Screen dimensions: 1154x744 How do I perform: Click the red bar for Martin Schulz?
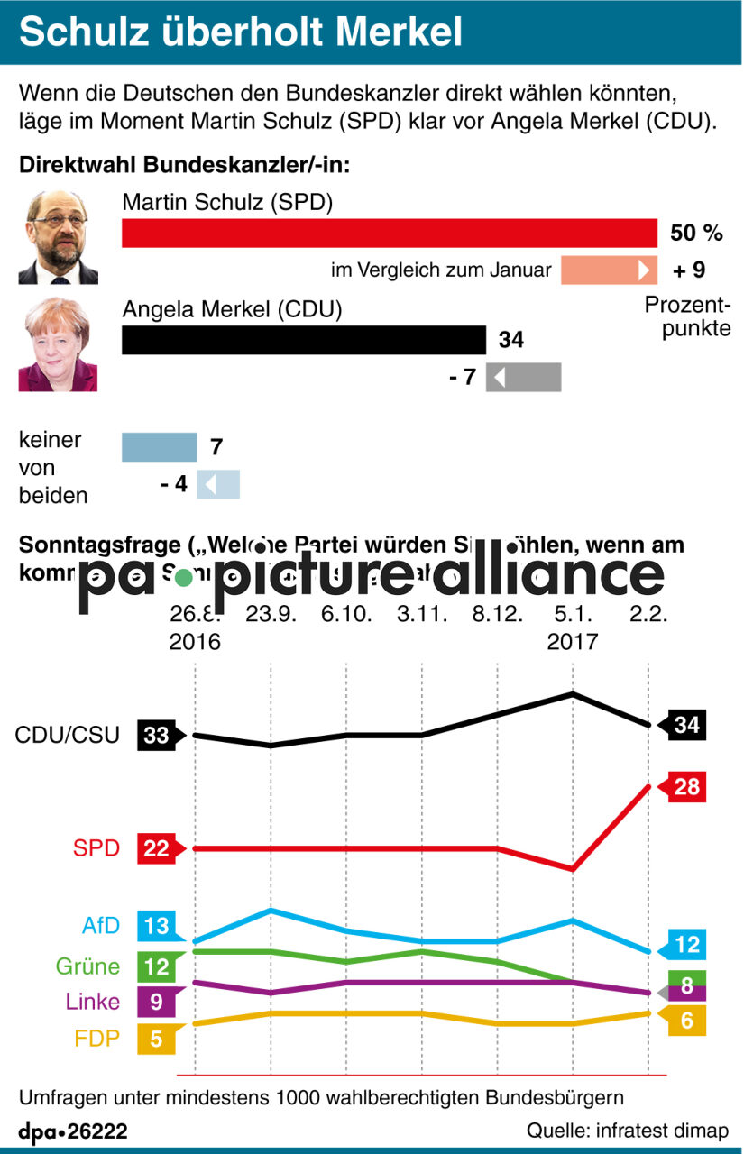pyautogui.click(x=390, y=233)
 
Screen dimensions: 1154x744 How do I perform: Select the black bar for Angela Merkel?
pyautogui.click(x=303, y=340)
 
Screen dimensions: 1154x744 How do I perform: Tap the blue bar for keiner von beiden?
pyautogui.click(x=159, y=447)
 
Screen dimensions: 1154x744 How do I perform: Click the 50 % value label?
pyautogui.click(x=696, y=234)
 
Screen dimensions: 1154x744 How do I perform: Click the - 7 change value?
pyautogui.click(x=462, y=377)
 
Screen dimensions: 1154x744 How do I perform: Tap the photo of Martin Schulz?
pyautogui.click(x=58, y=237)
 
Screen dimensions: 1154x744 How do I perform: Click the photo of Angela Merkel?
pyautogui.click(x=58, y=344)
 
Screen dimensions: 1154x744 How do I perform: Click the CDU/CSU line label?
pyautogui.click(x=68, y=735)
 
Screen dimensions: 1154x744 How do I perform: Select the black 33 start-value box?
pyautogui.click(x=157, y=736)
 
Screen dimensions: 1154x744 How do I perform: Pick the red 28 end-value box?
pyautogui.click(x=686, y=787)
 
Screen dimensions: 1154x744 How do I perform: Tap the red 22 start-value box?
pyautogui.click(x=157, y=848)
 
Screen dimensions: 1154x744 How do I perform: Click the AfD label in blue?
pyautogui.click(x=100, y=926)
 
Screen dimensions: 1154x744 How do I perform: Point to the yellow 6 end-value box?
pyautogui.click(x=686, y=1022)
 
